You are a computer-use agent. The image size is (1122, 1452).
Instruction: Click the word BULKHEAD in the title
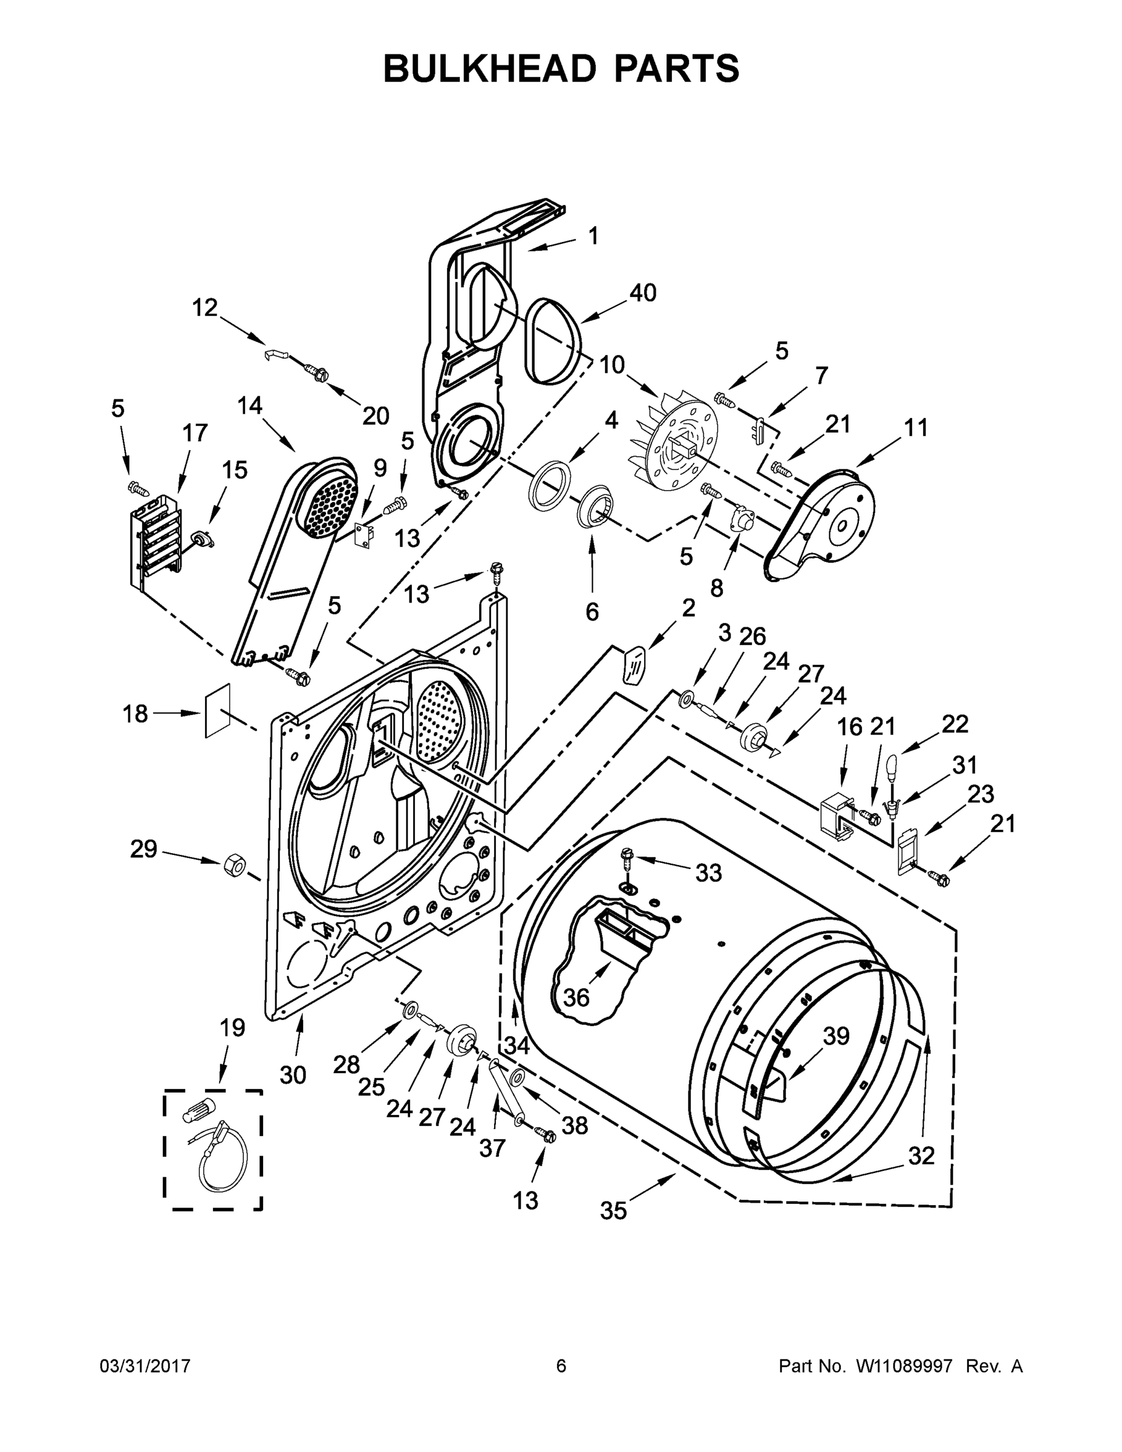click(489, 68)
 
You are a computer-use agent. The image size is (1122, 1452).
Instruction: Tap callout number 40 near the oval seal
click(643, 293)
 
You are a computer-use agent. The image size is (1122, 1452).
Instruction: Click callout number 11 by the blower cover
click(916, 428)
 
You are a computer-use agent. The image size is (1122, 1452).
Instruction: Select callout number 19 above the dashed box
click(233, 1028)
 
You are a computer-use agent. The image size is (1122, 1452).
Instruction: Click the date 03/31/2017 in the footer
click(145, 1366)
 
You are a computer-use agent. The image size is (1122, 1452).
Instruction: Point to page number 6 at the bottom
click(561, 1366)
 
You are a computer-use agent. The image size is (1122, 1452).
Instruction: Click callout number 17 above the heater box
click(195, 433)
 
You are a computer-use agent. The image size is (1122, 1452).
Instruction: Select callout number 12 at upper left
click(204, 308)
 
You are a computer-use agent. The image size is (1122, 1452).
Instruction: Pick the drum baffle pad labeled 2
click(633, 664)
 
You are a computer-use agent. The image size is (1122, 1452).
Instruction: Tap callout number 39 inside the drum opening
click(836, 1036)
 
